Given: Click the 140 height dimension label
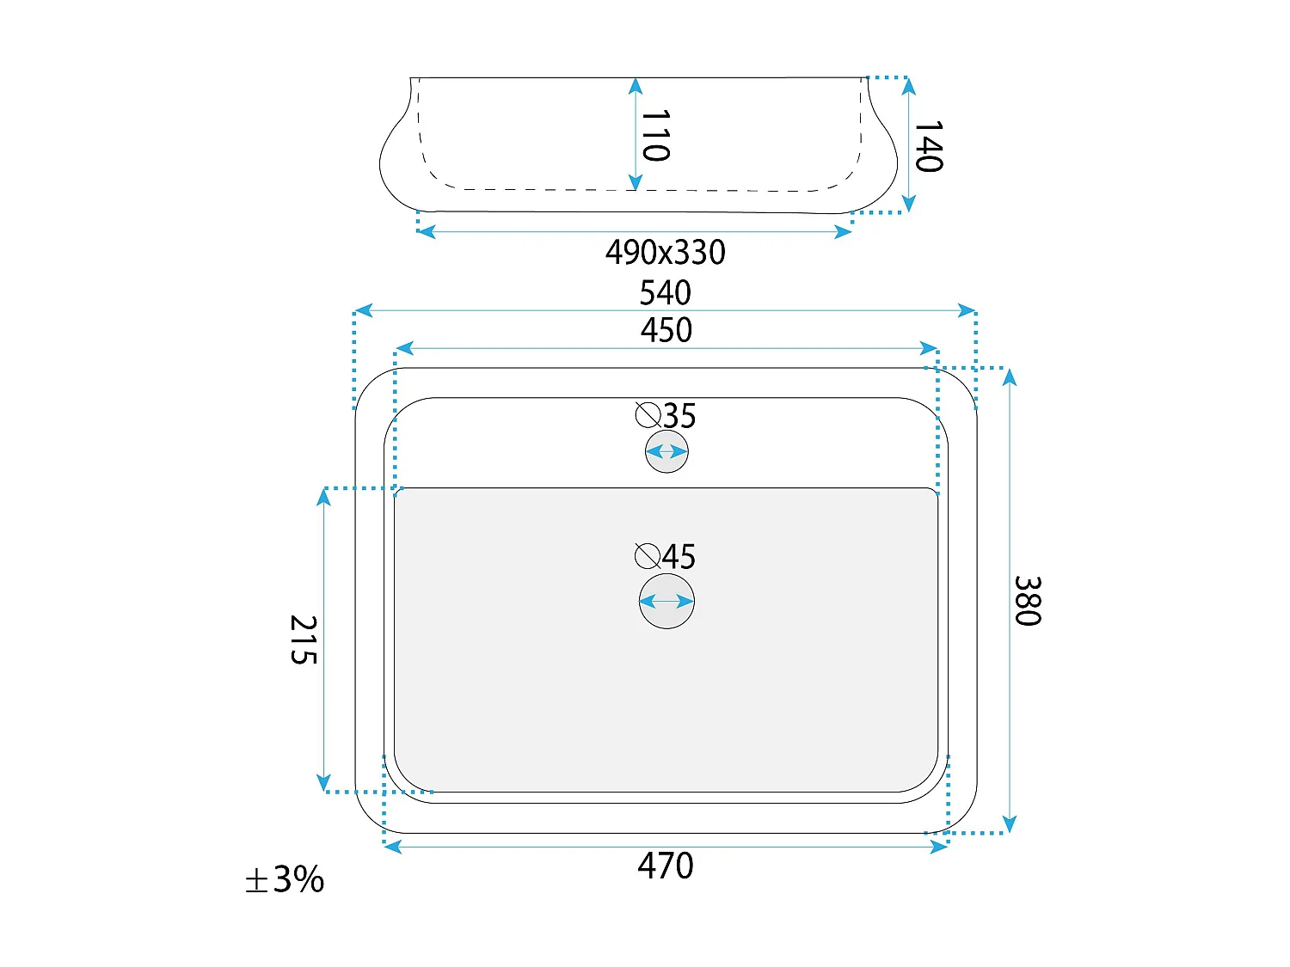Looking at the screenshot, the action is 929,146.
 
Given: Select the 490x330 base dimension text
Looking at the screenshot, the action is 666,253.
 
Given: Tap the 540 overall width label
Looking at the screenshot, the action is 666,292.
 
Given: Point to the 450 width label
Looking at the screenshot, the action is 666,330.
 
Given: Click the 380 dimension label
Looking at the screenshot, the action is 1028,601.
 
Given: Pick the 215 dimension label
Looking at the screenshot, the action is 304,640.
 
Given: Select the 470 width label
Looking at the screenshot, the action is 666,866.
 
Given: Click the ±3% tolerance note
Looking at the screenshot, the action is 285,879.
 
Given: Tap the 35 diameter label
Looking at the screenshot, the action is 680,416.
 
